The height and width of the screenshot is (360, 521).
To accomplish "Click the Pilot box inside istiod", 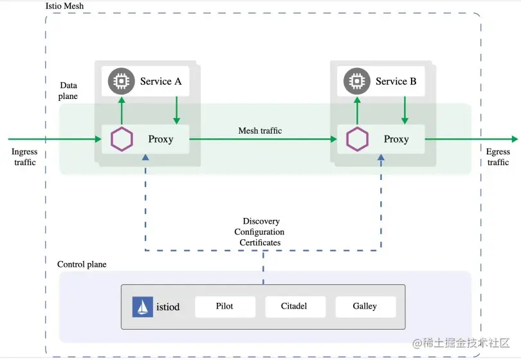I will click(224, 307).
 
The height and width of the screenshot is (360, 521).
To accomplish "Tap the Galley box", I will click(365, 307).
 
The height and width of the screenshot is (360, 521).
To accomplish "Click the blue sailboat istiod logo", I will click(142, 307).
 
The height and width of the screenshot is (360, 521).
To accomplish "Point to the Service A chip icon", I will click(120, 81).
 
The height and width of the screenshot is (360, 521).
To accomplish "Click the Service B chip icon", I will click(356, 81).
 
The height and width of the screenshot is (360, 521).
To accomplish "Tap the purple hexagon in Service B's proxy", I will click(357, 139).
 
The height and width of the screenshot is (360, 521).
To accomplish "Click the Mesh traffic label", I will click(260, 130).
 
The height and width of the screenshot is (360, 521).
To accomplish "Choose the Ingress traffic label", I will click(24, 157).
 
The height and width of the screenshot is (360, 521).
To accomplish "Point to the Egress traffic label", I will click(498, 157).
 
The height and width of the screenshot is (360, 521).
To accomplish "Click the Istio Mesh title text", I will click(64, 6).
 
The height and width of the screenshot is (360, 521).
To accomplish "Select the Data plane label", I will click(68, 91).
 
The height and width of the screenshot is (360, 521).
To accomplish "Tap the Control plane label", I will click(82, 264).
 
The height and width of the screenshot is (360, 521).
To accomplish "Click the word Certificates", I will click(260, 242).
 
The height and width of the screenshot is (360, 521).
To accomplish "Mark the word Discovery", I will click(261, 222).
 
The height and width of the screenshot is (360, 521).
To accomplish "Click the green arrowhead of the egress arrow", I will click(513, 139).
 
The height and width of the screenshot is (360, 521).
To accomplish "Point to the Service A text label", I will click(161, 81).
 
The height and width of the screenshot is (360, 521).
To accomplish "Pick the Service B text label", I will click(396, 81).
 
